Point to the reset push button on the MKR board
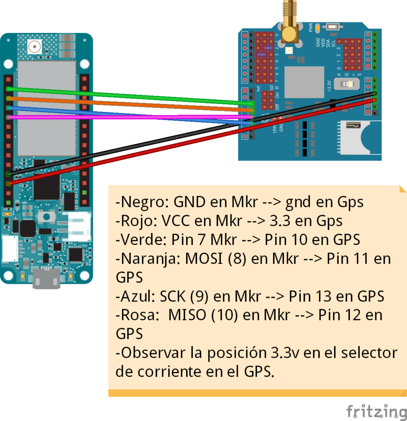point(47,216)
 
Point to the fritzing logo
point(376,411)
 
